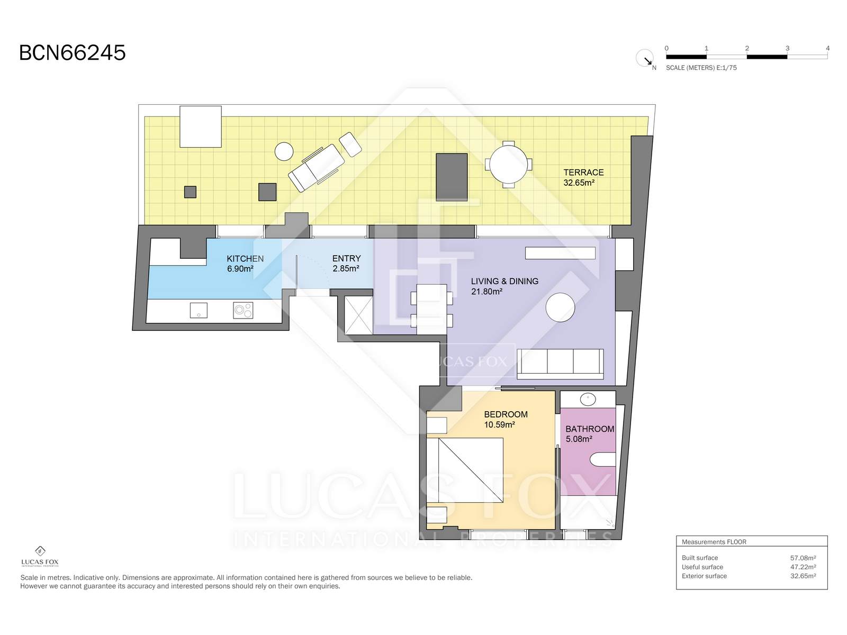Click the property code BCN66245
(x=72, y=52)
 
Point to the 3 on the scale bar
(x=787, y=48)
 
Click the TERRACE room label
(x=583, y=173)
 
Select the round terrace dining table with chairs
(x=509, y=164)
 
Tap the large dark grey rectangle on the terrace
(x=452, y=177)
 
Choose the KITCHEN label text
(x=245, y=259)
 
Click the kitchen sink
(x=199, y=311)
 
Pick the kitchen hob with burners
(x=243, y=311)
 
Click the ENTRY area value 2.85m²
(x=346, y=268)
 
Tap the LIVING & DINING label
(x=504, y=281)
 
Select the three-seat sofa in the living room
(x=560, y=364)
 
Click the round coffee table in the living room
(x=560, y=307)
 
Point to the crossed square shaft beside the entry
(x=358, y=315)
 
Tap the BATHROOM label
(x=590, y=429)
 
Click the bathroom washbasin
(x=588, y=400)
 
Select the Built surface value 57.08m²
(x=803, y=558)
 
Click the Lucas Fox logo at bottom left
(x=40, y=557)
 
